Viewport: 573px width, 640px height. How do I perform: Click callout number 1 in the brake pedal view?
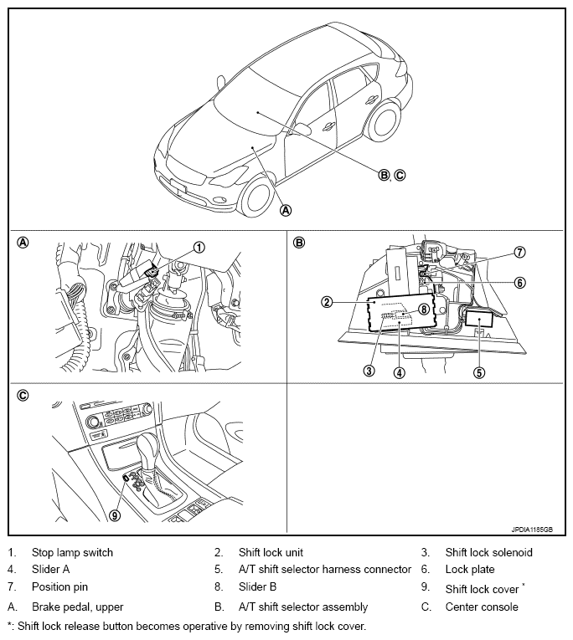[x=199, y=247]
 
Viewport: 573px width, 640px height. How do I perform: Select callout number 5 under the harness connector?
[x=480, y=373]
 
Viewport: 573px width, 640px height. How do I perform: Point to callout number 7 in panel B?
[x=519, y=252]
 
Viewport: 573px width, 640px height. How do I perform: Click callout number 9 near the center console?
[x=115, y=515]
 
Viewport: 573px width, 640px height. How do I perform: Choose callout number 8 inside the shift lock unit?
[x=424, y=309]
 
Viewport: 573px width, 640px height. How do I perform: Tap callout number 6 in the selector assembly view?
[x=519, y=283]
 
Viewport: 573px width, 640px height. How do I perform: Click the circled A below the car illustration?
[x=286, y=210]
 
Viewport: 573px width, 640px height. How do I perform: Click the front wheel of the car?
[x=256, y=196]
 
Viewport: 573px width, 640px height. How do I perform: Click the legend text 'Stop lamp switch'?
[x=72, y=552]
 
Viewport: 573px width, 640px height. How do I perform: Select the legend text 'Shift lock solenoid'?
[x=488, y=552]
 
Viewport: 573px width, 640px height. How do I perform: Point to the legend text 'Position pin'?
[x=59, y=588]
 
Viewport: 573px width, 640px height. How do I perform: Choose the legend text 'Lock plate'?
[x=470, y=570]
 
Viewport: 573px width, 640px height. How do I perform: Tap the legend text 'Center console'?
[x=482, y=607]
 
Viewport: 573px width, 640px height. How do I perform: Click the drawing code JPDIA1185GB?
[x=532, y=530]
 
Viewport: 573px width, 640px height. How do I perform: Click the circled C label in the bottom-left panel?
[x=23, y=395]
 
